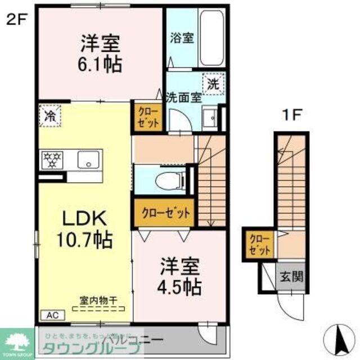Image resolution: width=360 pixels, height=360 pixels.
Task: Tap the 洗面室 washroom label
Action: [x=183, y=96]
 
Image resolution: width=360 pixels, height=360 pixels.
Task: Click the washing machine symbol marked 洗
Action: [x=214, y=84]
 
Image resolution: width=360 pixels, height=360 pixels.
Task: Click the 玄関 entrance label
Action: [x=291, y=276]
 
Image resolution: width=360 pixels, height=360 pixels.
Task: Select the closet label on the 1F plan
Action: [x=260, y=245]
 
